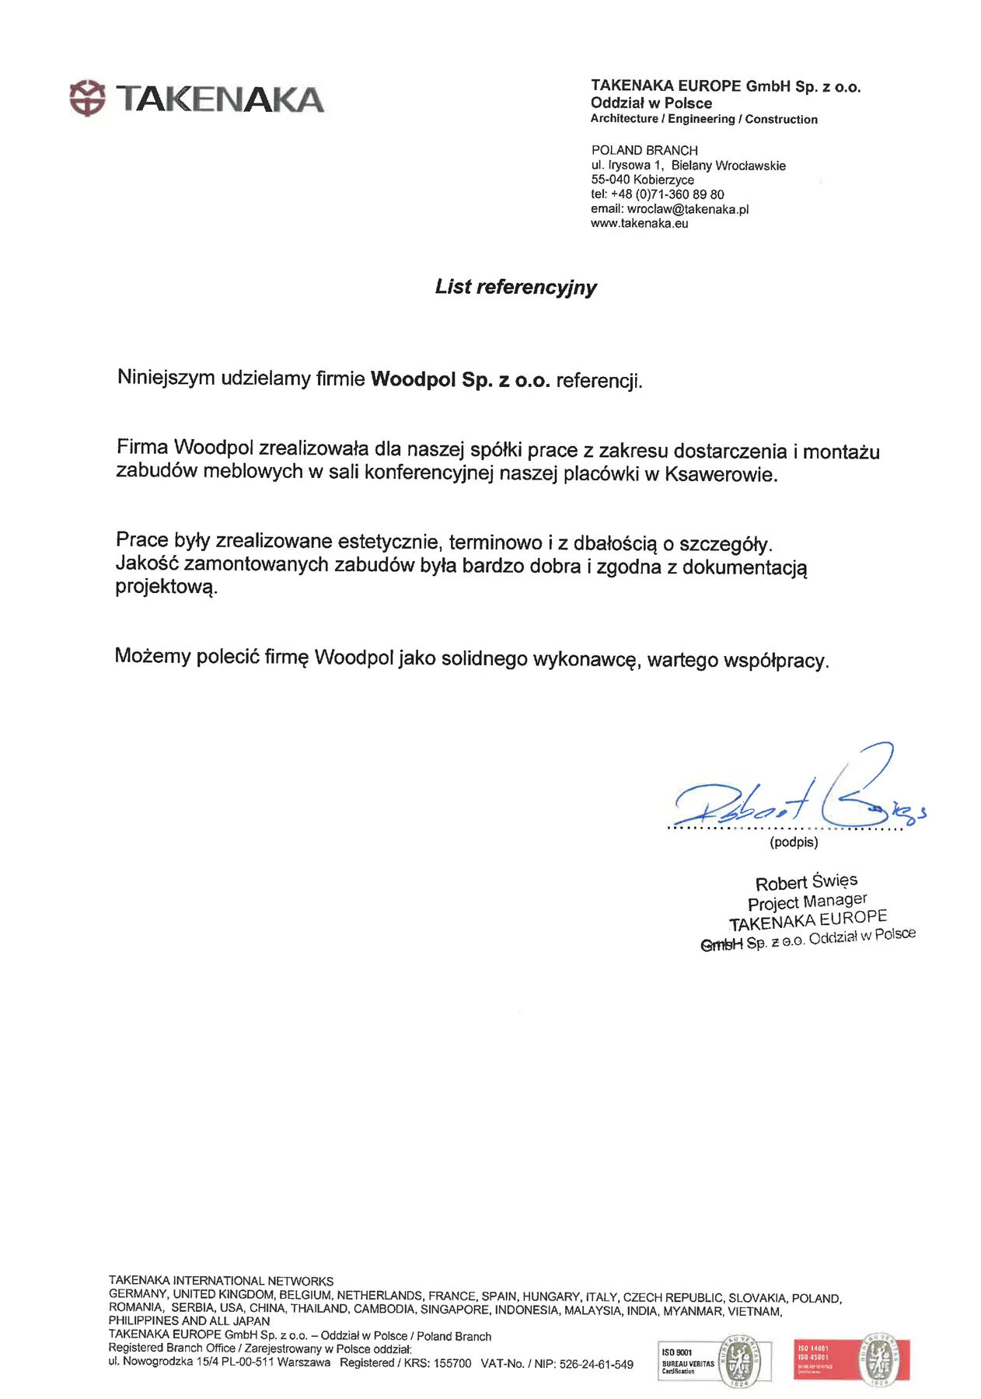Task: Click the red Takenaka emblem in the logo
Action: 86,98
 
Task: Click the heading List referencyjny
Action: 515,287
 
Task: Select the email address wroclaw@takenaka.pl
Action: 687,209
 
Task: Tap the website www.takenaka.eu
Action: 639,224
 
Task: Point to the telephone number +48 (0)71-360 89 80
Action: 667,194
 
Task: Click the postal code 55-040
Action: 610,180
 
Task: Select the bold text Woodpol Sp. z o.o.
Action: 460,380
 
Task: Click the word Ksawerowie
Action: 720,474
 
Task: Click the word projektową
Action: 166,587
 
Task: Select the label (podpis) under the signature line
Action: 794,842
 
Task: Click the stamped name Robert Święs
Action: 806,882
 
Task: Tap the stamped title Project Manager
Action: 807,902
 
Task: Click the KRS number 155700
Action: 452,1363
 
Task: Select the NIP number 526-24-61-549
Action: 596,1364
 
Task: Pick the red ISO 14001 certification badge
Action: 851,1360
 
